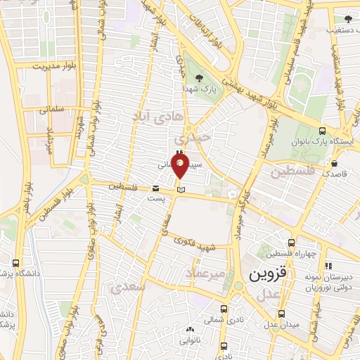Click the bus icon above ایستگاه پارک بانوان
(x=322, y=130)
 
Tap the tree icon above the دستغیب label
(x=347, y=19)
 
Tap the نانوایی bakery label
(x=191, y=340)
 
